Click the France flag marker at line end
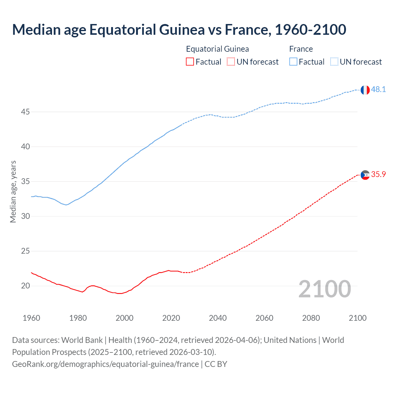(365, 90)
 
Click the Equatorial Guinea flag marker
(365, 175)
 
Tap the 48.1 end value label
(378, 90)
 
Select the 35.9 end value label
(378, 175)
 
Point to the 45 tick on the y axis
(25, 112)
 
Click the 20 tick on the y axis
(25, 286)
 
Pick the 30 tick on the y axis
(25, 216)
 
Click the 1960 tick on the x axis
(31, 318)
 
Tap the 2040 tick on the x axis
(218, 318)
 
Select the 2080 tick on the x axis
(311, 318)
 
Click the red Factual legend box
(190, 62)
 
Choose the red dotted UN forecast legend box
(231, 62)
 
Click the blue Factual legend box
(293, 62)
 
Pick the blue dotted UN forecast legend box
(334, 62)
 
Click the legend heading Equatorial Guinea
(217, 49)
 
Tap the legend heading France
(301, 49)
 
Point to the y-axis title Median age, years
(13, 191)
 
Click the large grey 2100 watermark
(324, 289)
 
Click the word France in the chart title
(247, 30)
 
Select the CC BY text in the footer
(216, 364)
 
